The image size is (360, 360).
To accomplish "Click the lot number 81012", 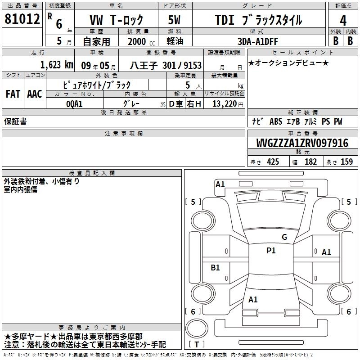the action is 22,19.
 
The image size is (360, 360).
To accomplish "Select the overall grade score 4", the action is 343,21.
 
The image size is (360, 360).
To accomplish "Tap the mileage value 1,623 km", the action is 57,65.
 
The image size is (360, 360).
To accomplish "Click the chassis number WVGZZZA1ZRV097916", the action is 302,143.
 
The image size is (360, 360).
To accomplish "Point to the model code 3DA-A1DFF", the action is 258,41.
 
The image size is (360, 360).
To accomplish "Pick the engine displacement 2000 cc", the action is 141,41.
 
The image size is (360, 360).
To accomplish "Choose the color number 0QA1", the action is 74,104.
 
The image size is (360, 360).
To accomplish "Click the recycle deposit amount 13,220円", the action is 228,104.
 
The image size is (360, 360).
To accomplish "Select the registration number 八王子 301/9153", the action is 166,66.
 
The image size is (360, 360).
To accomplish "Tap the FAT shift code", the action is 13,94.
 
